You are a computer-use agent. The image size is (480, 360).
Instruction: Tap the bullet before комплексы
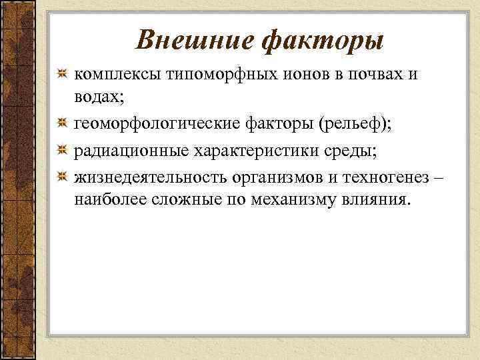[61, 74]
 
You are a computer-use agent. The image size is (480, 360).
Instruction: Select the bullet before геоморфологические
[61, 124]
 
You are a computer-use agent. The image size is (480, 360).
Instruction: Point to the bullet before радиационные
[61, 151]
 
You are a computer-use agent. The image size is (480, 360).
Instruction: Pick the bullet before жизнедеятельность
[61, 177]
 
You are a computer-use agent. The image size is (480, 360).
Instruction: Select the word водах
[97, 97]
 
